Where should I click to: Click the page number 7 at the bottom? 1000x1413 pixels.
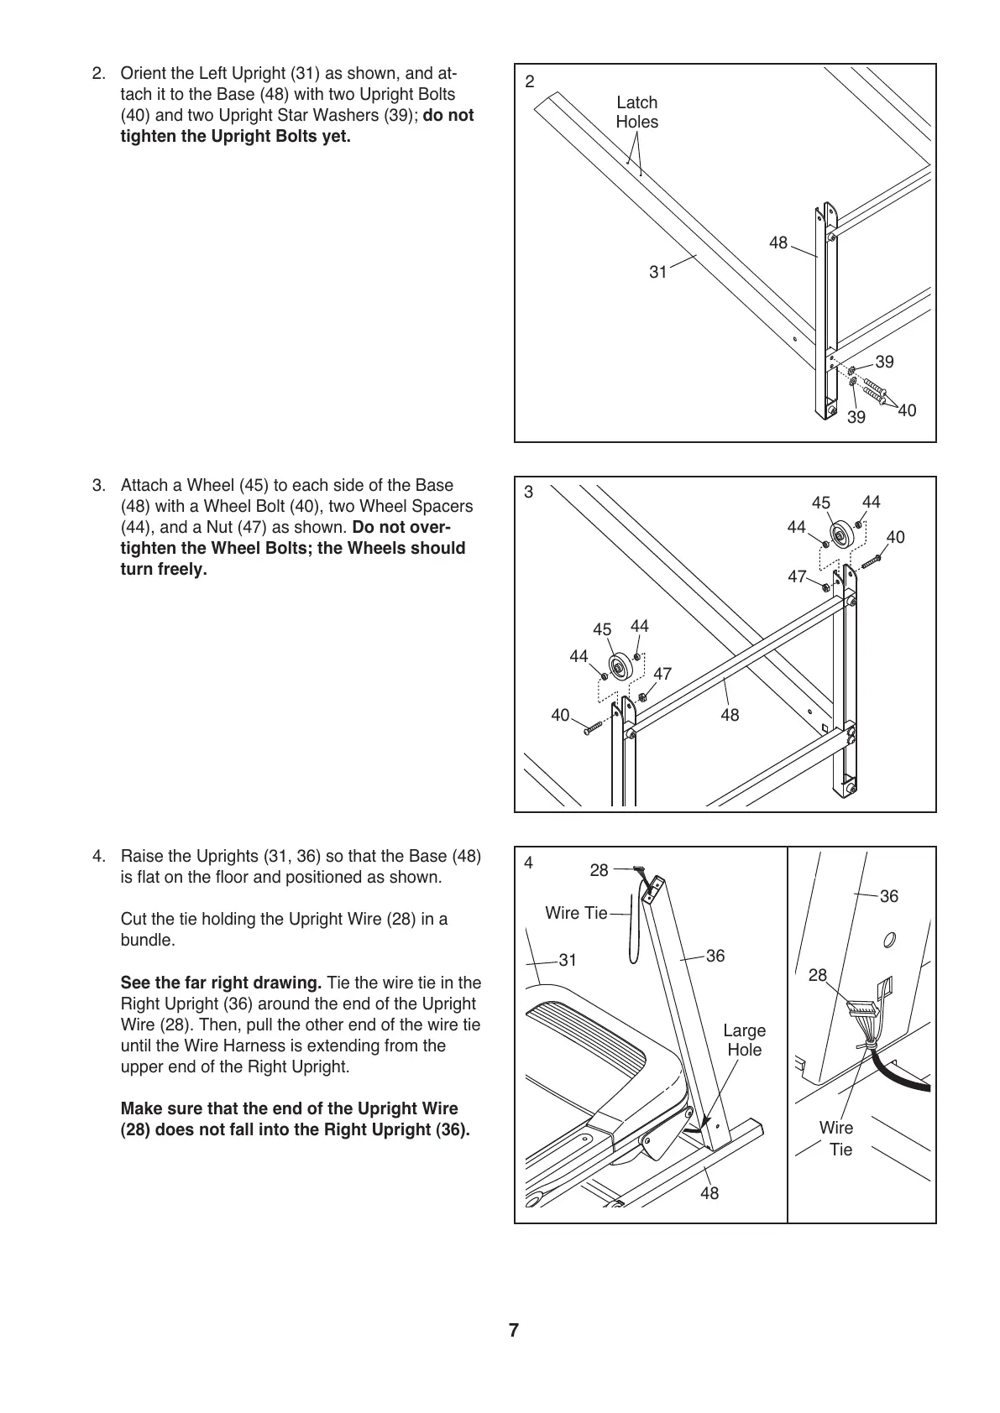tap(514, 1330)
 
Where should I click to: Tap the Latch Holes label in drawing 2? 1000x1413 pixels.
tap(636, 112)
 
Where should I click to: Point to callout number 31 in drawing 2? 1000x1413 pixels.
tap(658, 272)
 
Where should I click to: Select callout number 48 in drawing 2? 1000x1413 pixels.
tap(778, 243)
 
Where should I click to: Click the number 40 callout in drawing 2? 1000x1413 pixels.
tap(907, 410)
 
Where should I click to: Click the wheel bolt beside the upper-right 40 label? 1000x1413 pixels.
tap(869, 560)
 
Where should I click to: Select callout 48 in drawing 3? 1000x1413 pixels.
tap(730, 715)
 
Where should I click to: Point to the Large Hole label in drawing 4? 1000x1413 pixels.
tap(745, 1040)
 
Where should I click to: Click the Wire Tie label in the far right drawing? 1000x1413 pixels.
tap(837, 1139)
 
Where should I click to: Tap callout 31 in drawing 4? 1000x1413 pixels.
tap(568, 960)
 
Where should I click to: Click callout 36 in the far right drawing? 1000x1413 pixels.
tap(889, 896)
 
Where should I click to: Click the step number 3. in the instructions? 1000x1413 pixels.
tap(99, 486)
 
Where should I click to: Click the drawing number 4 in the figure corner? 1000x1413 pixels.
tap(529, 863)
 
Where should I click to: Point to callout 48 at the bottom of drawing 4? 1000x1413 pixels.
tap(709, 1193)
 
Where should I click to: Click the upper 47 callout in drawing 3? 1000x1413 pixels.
tap(797, 576)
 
